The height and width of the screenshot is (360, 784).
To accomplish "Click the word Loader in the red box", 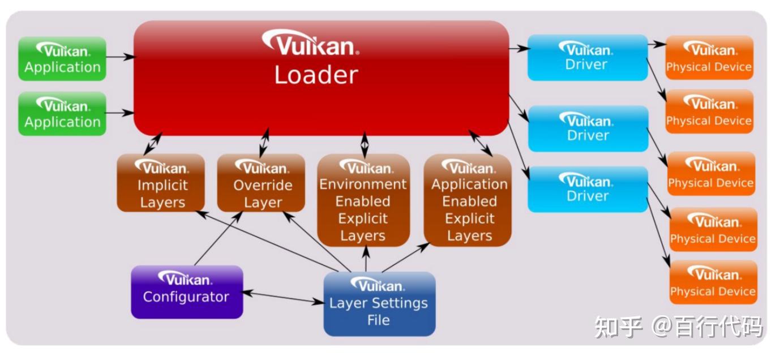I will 316,75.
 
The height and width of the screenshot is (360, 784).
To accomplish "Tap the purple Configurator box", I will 187,292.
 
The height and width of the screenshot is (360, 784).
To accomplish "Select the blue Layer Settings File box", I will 379,304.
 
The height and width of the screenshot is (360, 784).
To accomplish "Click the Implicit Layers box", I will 160,183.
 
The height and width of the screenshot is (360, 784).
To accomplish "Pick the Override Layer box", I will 261,183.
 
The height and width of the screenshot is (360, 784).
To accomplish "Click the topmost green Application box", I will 62,59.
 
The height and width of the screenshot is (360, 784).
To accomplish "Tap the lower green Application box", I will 62,114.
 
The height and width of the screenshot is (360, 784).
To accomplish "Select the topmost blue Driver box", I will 587,57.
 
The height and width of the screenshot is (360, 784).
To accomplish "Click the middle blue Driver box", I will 587,128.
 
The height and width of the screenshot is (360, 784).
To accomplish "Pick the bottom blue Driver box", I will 587,189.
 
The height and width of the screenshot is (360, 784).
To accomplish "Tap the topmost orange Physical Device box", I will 709,57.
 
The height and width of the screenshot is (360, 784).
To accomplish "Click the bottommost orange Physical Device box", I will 712,282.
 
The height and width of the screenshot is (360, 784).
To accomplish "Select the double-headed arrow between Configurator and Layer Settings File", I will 283,298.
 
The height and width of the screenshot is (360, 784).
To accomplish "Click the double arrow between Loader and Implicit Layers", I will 152,144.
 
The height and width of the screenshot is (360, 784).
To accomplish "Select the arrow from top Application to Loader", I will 120,57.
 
